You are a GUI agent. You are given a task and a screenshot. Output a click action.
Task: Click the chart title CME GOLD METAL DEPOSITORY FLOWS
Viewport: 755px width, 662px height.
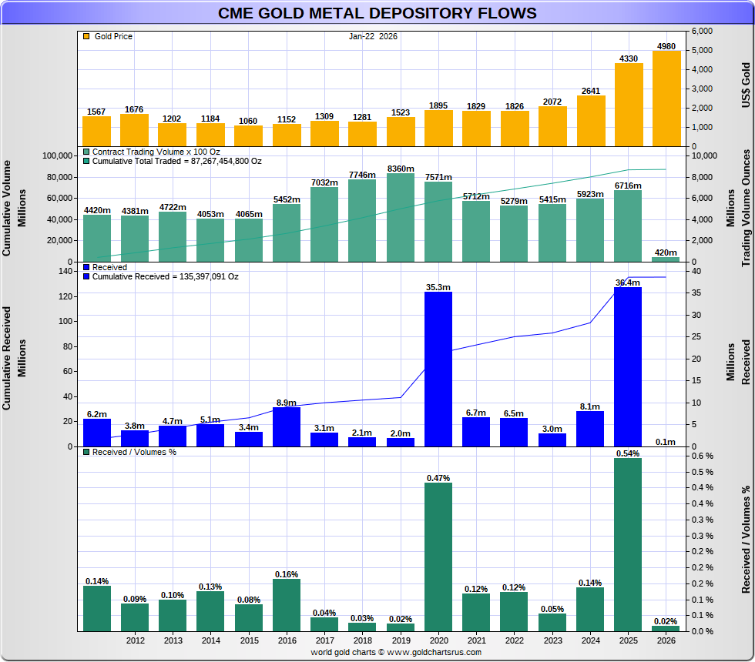(377, 13)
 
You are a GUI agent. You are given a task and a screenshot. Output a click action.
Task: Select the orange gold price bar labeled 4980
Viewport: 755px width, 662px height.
(666, 98)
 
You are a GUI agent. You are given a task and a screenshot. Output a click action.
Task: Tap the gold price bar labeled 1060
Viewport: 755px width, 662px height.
(249, 135)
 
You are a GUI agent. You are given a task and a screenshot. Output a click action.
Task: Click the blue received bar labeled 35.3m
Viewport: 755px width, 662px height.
(438, 369)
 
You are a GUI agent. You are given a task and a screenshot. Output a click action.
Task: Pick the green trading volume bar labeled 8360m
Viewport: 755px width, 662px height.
(401, 217)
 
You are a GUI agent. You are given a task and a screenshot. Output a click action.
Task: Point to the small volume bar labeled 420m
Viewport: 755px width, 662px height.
(666, 259)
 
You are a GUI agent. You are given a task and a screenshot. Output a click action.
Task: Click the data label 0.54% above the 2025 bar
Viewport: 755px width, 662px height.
(628, 453)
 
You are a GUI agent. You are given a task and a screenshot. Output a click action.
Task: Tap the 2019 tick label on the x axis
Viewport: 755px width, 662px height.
(401, 640)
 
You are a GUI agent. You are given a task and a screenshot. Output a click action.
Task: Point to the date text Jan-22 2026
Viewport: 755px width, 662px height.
(373, 36)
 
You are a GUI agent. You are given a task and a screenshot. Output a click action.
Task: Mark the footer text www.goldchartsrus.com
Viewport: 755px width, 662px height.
(435, 652)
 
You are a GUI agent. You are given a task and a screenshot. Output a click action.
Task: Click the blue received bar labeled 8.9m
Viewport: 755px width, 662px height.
(287, 426)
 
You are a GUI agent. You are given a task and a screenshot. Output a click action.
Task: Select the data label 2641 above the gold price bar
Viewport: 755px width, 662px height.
(591, 90)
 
